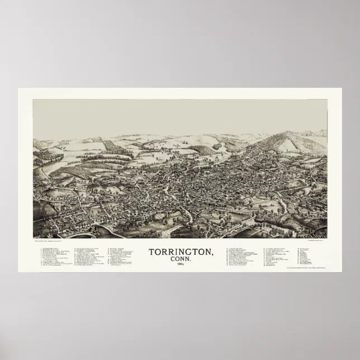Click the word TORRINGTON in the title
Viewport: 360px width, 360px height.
(180, 236)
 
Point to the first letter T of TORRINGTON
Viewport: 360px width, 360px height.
(151, 236)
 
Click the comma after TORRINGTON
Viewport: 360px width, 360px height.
(211, 239)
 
